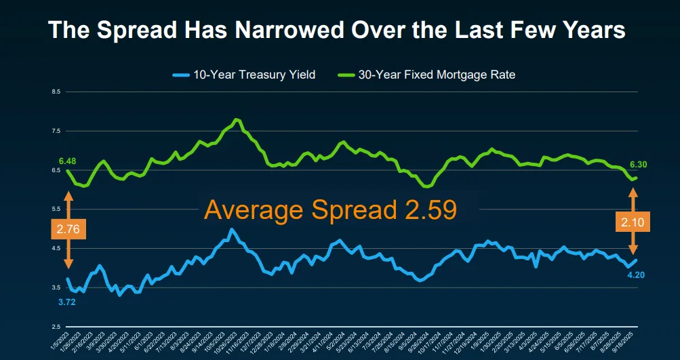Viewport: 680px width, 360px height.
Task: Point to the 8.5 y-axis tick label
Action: (56, 91)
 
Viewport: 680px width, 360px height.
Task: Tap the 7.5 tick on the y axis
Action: (56, 131)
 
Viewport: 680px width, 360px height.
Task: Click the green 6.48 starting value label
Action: (67, 161)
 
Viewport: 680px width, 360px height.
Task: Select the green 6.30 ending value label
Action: (638, 165)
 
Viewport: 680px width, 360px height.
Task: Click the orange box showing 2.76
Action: (68, 229)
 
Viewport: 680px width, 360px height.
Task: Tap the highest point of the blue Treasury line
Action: (232, 229)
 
